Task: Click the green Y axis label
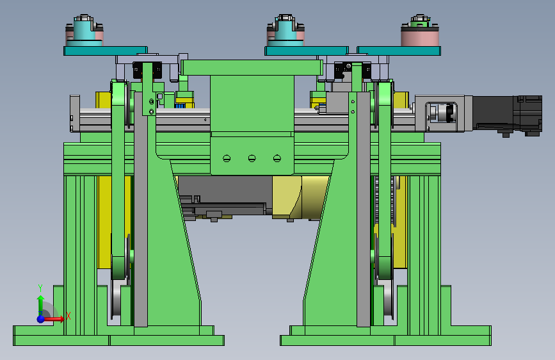pos(40,288)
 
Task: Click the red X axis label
pos(68,316)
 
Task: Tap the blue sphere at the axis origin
pos(41,319)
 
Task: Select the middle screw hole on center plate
pos(252,158)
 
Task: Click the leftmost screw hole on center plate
pos(227,158)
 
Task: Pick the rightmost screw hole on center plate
pos(277,158)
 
